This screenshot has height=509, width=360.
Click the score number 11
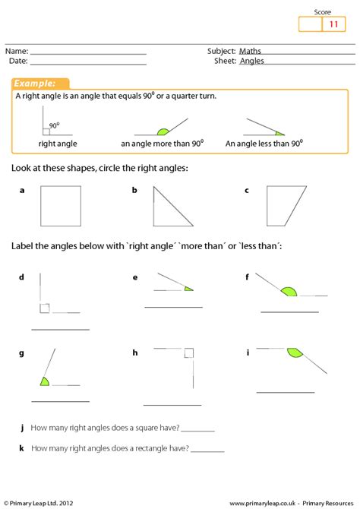(x=333, y=24)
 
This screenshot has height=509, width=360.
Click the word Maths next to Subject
(x=251, y=51)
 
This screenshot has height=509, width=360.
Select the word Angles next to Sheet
(x=252, y=61)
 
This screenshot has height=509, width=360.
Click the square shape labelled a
(x=60, y=207)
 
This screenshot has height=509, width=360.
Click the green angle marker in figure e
(x=188, y=289)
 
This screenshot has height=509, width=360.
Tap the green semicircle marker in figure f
(x=289, y=290)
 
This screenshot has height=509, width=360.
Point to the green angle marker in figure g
(x=45, y=381)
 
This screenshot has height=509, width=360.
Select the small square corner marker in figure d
(x=46, y=308)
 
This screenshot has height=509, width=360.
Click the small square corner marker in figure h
(x=189, y=353)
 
